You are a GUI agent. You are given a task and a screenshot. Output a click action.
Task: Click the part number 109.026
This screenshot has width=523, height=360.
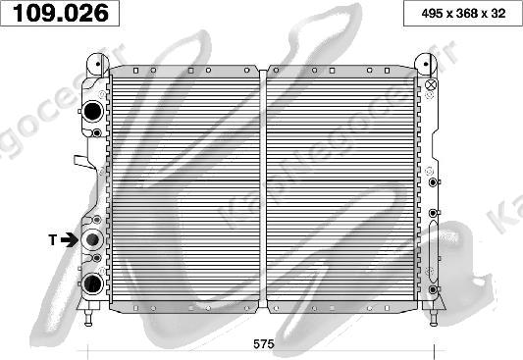[x=61, y=13]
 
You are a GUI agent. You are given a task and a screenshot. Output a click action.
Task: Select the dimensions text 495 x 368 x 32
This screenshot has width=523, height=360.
[x=463, y=14]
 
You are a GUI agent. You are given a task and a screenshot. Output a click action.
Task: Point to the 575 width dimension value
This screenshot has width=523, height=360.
[x=264, y=343]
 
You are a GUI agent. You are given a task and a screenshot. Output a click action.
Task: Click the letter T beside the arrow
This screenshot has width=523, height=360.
[x=53, y=239]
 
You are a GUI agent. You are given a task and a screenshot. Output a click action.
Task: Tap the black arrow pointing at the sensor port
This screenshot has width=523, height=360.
[x=70, y=239]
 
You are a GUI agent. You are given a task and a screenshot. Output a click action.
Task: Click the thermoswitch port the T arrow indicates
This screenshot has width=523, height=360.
[x=92, y=239]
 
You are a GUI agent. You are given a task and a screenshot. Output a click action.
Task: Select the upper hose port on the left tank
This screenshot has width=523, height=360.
[x=92, y=112]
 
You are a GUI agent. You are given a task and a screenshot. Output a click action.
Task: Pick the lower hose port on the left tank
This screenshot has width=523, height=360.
[x=92, y=283]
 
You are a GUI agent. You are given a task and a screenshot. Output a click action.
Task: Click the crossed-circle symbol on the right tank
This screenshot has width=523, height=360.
[x=431, y=84]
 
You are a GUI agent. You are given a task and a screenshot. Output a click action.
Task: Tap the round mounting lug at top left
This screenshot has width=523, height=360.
[x=98, y=65]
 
